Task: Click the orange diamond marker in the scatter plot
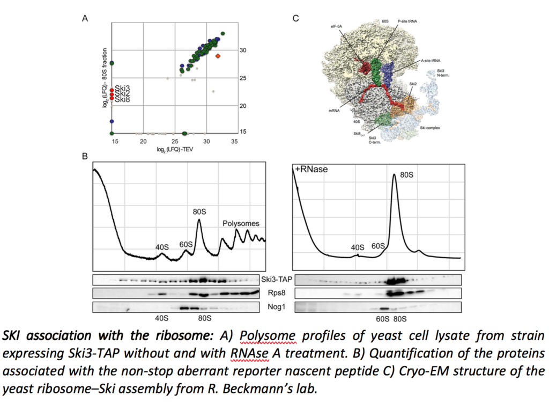coord(218,56)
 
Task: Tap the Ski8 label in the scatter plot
coord(122,99)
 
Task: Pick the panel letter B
coord(84,157)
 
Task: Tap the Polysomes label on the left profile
coord(241,223)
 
